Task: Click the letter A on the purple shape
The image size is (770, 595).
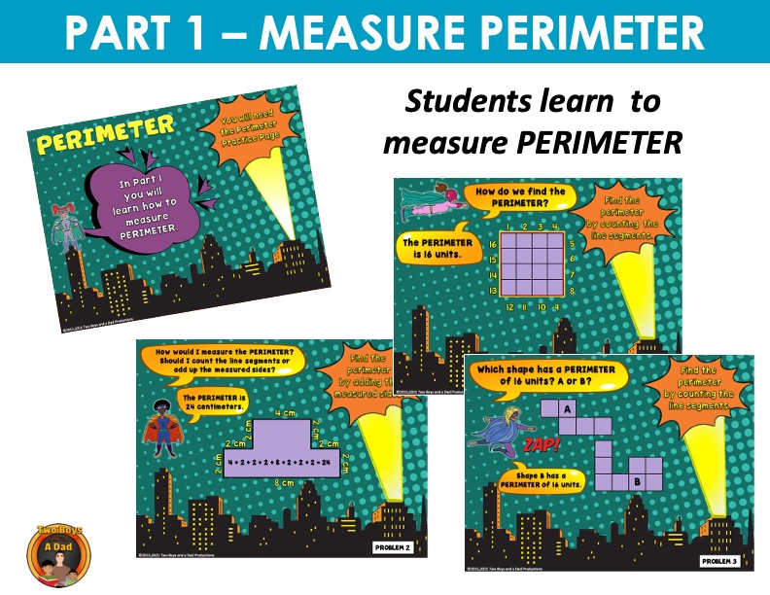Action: pyautogui.click(x=569, y=408)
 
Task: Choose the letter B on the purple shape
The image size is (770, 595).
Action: pyautogui.click(x=637, y=479)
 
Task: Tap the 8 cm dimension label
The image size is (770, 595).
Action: pyautogui.click(x=284, y=482)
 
